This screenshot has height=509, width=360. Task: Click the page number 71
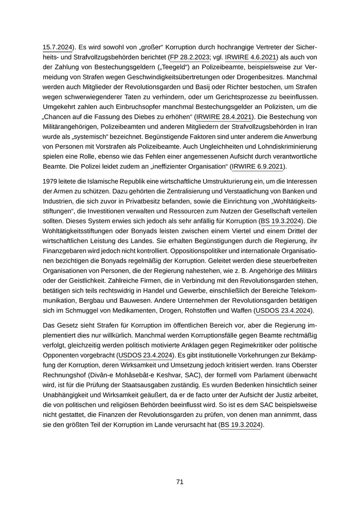180,482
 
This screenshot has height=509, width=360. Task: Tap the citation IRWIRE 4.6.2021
251,57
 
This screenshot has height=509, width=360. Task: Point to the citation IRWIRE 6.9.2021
258,167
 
